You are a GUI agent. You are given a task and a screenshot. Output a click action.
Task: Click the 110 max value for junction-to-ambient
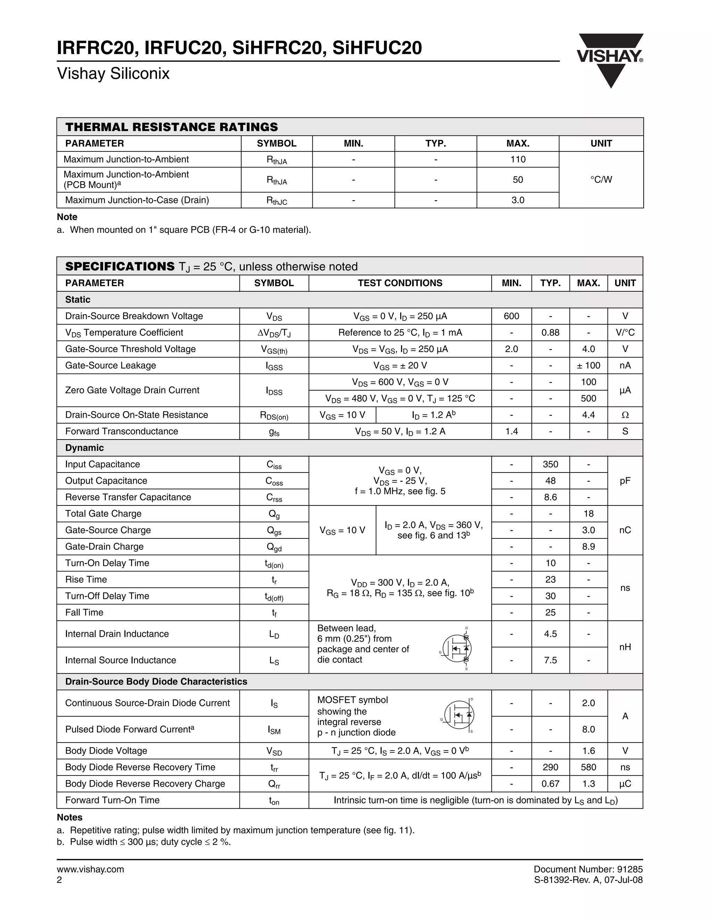(x=518, y=159)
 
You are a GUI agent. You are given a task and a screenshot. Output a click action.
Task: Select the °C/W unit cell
(x=601, y=179)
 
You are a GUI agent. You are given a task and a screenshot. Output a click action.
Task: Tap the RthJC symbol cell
(x=276, y=201)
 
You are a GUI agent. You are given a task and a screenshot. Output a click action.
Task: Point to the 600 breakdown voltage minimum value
(x=511, y=316)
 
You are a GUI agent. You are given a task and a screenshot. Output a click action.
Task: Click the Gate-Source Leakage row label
(x=110, y=365)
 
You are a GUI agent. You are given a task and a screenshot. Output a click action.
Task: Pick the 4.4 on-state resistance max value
(x=588, y=415)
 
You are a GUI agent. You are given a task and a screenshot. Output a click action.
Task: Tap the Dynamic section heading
(x=84, y=448)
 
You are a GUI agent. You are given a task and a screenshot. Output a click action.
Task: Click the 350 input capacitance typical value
(x=550, y=464)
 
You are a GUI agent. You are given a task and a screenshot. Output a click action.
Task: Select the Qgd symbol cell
(x=274, y=547)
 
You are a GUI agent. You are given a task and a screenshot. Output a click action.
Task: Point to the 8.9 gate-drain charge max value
(x=588, y=547)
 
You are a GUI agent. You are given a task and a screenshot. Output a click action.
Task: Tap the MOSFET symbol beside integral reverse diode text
(x=458, y=715)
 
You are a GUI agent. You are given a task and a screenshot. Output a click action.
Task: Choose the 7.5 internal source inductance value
(x=550, y=660)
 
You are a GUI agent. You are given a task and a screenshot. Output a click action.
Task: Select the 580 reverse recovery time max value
(x=588, y=767)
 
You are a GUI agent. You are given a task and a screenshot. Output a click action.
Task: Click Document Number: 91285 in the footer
(x=588, y=869)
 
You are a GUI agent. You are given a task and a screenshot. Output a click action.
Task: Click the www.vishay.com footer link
(x=91, y=869)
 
